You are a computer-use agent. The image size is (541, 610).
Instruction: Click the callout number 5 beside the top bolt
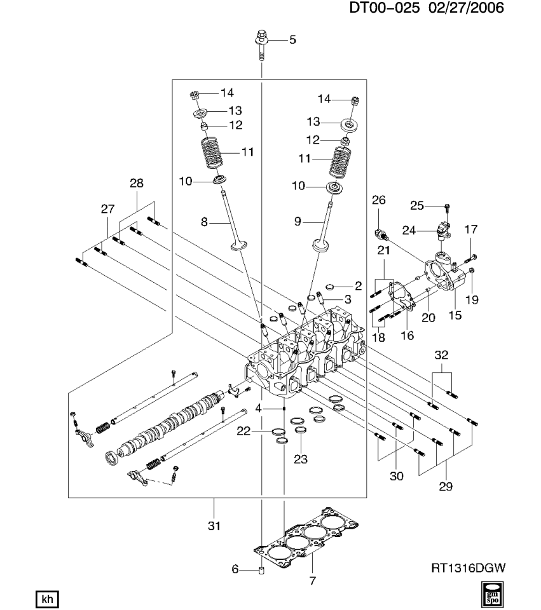[x=292, y=40]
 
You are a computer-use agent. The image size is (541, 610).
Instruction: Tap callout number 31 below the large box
[x=214, y=525]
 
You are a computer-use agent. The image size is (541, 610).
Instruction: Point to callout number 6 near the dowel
[x=235, y=569]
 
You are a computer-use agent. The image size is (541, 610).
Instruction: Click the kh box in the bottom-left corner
[x=45, y=598]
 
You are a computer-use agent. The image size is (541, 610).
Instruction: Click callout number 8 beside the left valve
[x=205, y=222]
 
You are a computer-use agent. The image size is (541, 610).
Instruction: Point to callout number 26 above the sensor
[x=379, y=201]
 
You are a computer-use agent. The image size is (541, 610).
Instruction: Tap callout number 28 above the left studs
[x=137, y=183]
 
